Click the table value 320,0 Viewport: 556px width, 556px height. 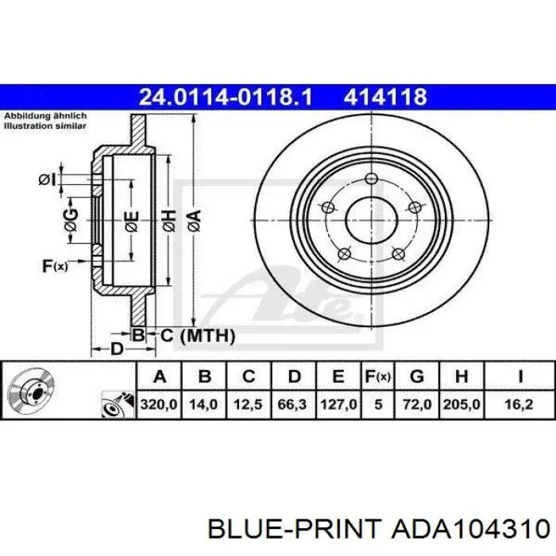pos(159,404)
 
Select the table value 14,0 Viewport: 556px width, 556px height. pos(203,404)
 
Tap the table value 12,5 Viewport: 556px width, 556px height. pos(248,404)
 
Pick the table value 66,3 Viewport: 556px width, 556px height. pos(292,404)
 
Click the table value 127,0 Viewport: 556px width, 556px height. pos(338,404)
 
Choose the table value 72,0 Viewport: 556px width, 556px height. pos(417,404)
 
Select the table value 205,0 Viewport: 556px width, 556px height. pos(461,404)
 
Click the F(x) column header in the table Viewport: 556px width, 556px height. pos(378,376)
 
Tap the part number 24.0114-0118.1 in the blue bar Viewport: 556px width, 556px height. pos(226,97)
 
